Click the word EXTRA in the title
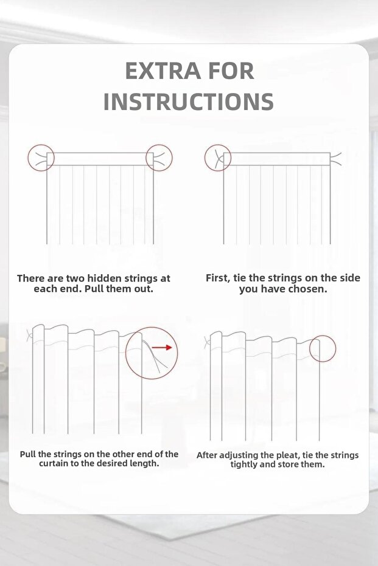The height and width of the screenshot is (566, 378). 163,71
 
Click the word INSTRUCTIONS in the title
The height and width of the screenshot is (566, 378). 189,102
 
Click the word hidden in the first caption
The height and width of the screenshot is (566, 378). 105,278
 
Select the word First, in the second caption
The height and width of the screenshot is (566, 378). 219,278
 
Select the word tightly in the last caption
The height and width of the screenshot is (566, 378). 244,464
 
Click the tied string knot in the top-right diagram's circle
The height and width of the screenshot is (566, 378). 218,158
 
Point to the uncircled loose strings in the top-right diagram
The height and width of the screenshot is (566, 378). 336,159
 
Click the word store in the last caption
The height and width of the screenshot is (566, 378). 293,464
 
